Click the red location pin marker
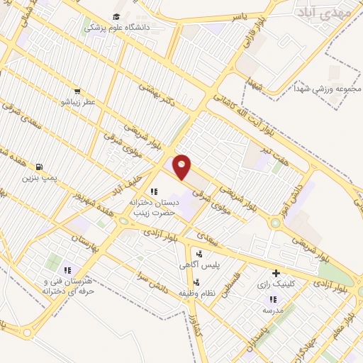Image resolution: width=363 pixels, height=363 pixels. click(x=182, y=167)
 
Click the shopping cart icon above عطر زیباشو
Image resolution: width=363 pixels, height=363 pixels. click(x=77, y=91)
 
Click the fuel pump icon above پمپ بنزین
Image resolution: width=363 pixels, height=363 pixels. click(x=28, y=167)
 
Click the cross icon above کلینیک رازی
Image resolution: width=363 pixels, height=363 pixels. click(x=276, y=273)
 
